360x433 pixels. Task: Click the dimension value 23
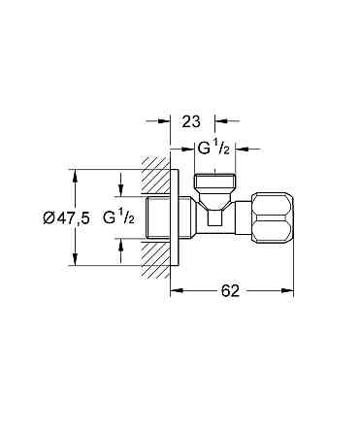coord(191,121)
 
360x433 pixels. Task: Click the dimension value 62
coord(230,290)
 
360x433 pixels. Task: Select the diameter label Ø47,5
coord(66,217)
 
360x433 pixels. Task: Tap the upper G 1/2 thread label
coord(213,149)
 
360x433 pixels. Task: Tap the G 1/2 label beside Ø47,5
coord(118,217)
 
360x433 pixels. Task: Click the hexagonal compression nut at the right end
coord(273,217)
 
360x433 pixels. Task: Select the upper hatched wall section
coord(156,176)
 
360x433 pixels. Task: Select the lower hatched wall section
coord(156,258)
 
